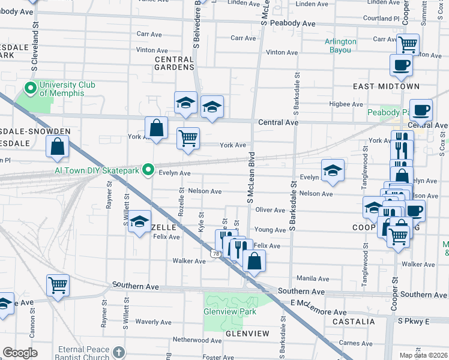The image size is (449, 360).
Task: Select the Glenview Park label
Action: (x=230, y=311)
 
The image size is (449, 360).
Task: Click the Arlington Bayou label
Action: (x=340, y=46)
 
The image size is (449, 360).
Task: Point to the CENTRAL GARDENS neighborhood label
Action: (x=174, y=64)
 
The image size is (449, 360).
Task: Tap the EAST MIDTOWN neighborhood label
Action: (x=386, y=86)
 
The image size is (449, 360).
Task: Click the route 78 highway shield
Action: (x=215, y=254)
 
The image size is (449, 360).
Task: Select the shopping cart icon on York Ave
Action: (x=188, y=137)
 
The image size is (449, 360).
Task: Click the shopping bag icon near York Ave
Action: (x=156, y=128)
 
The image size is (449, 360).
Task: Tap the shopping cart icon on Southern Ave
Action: (x=58, y=285)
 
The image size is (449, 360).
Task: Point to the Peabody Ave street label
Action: (x=293, y=23)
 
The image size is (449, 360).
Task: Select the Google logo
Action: (x=20, y=352)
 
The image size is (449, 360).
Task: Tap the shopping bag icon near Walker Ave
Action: (x=255, y=261)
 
